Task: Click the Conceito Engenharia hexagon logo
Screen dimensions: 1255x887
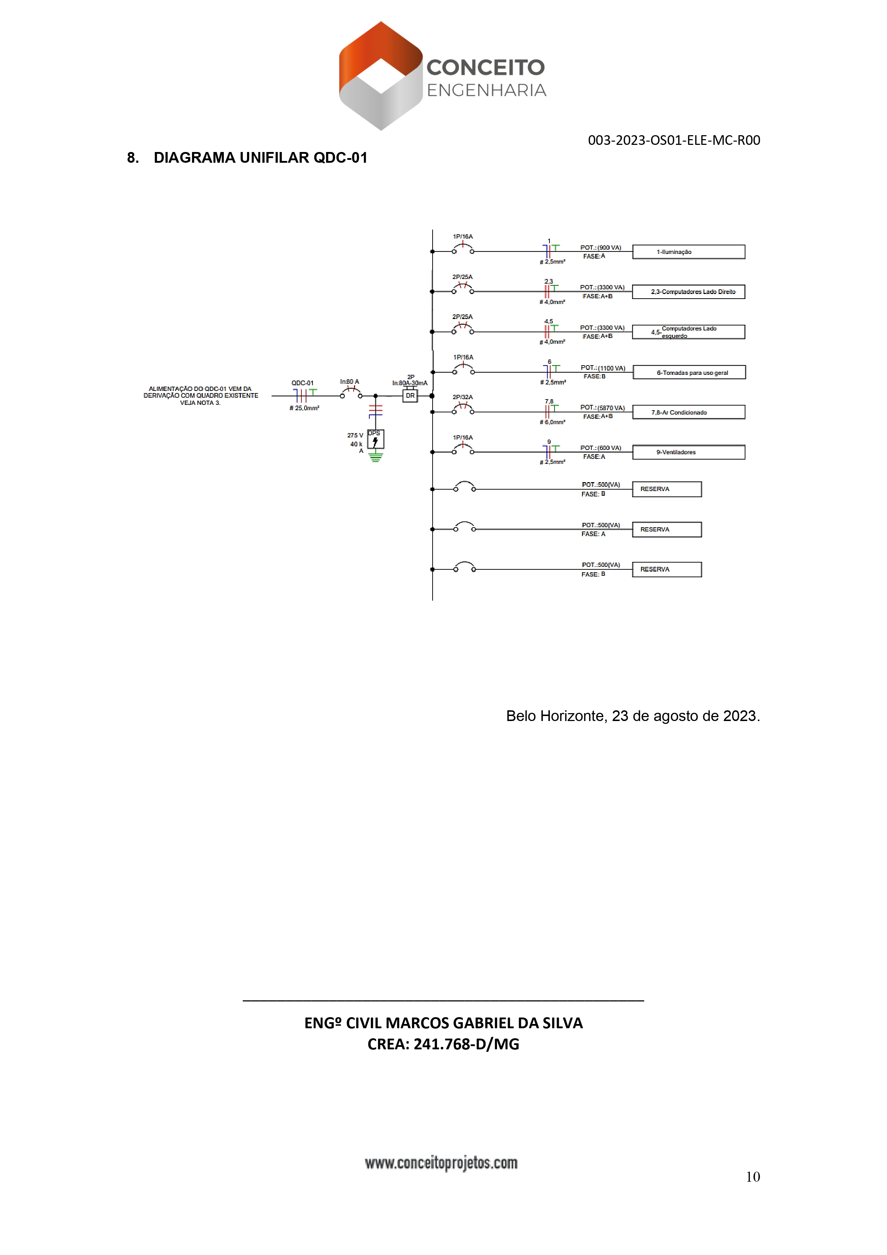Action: [x=380, y=75]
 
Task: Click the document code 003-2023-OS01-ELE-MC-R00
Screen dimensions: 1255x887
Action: [x=673, y=141]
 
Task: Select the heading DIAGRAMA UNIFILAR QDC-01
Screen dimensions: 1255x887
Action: [x=260, y=158]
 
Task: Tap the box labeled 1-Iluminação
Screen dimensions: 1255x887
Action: [x=688, y=252]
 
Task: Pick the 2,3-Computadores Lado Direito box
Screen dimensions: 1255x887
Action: [x=688, y=292]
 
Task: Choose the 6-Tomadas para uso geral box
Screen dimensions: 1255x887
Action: [x=689, y=373]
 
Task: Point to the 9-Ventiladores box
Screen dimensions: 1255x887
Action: [x=688, y=452]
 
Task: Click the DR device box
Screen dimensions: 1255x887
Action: [x=410, y=396]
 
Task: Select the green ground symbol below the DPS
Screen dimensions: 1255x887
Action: [x=375, y=457]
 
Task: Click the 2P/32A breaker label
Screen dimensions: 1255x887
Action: [x=462, y=397]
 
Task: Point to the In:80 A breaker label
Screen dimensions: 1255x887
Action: [x=349, y=382]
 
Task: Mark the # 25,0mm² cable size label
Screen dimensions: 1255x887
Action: [x=304, y=408]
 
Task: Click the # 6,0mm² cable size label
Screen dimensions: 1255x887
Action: [x=552, y=422]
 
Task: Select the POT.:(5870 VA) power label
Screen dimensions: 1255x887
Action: [x=602, y=408]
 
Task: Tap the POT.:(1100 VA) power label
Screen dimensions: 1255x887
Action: [x=603, y=368]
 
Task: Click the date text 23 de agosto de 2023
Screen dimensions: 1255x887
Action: [x=686, y=716]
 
